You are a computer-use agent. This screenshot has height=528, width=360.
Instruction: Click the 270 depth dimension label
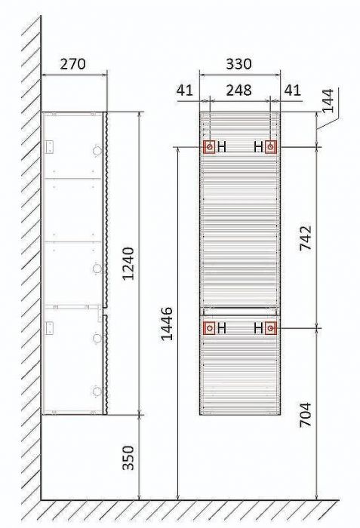72,64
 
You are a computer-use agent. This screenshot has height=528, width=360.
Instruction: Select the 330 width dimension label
238,63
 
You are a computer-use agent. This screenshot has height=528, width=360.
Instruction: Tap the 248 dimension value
238,90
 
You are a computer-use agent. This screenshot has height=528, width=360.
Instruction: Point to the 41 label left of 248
185,91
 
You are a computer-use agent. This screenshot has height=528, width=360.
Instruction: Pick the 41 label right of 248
292,91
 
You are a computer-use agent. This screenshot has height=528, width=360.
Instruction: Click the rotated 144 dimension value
328,100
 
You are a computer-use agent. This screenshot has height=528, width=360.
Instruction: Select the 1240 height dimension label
128,264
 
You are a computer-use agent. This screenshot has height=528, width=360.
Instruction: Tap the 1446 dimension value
167,324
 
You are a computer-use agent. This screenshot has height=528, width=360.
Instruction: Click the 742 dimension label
306,238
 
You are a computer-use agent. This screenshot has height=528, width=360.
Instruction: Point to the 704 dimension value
306,415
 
